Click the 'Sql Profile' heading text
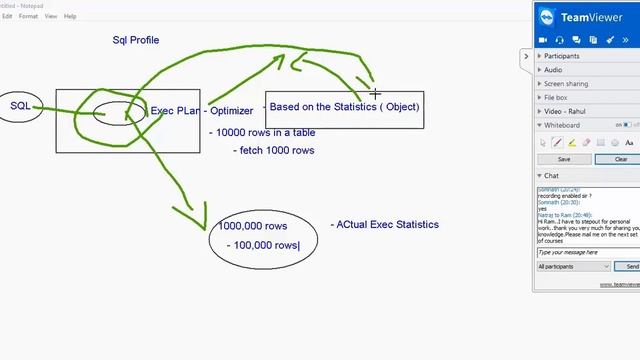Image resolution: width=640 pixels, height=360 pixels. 135,40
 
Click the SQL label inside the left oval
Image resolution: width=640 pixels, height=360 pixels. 20,106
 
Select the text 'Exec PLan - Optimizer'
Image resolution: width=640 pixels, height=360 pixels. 201,111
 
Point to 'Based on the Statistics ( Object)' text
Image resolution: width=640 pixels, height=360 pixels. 344,106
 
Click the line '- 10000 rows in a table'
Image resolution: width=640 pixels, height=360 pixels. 261,132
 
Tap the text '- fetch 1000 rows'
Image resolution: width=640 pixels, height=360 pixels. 274,150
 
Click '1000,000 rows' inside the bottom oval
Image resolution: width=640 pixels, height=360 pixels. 255,226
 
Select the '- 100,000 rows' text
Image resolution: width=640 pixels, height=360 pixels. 263,245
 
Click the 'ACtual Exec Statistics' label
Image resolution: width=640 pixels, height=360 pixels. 384,225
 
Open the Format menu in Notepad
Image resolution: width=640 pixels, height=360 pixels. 29,16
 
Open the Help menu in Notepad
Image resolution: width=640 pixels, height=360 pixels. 70,16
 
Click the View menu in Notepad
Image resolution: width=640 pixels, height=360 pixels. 50,16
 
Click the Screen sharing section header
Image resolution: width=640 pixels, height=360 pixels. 566,84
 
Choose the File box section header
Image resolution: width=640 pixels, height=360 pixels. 555,98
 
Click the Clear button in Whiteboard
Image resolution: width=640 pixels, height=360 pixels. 620,159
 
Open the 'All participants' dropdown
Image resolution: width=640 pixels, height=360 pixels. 573,267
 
